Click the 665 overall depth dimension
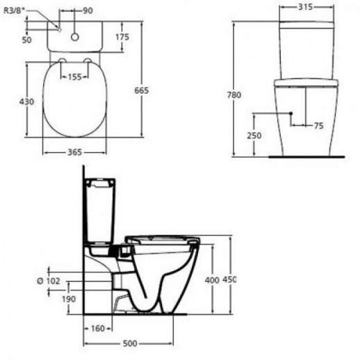142,90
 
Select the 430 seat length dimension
26,101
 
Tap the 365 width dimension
74,152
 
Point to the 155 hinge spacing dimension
74,76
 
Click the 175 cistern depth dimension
122,37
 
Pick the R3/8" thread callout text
15,11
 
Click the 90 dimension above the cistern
88,10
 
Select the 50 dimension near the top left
27,40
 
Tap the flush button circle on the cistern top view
75,37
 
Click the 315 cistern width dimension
305,7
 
